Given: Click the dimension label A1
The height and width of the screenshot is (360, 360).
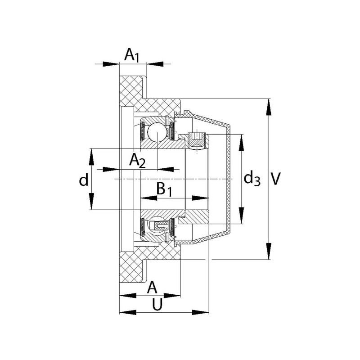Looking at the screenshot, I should click(x=132, y=56).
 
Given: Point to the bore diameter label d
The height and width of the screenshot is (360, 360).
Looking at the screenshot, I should click(x=84, y=180).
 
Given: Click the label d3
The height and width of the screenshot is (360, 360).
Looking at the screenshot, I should click(x=252, y=179).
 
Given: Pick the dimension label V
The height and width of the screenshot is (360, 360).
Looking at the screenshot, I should click(x=276, y=179).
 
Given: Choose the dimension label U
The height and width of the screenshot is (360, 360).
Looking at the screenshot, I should click(x=157, y=305).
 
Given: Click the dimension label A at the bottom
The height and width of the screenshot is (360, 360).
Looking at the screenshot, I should click(x=153, y=287).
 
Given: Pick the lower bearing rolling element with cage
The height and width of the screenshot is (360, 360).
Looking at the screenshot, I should click(x=158, y=225).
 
